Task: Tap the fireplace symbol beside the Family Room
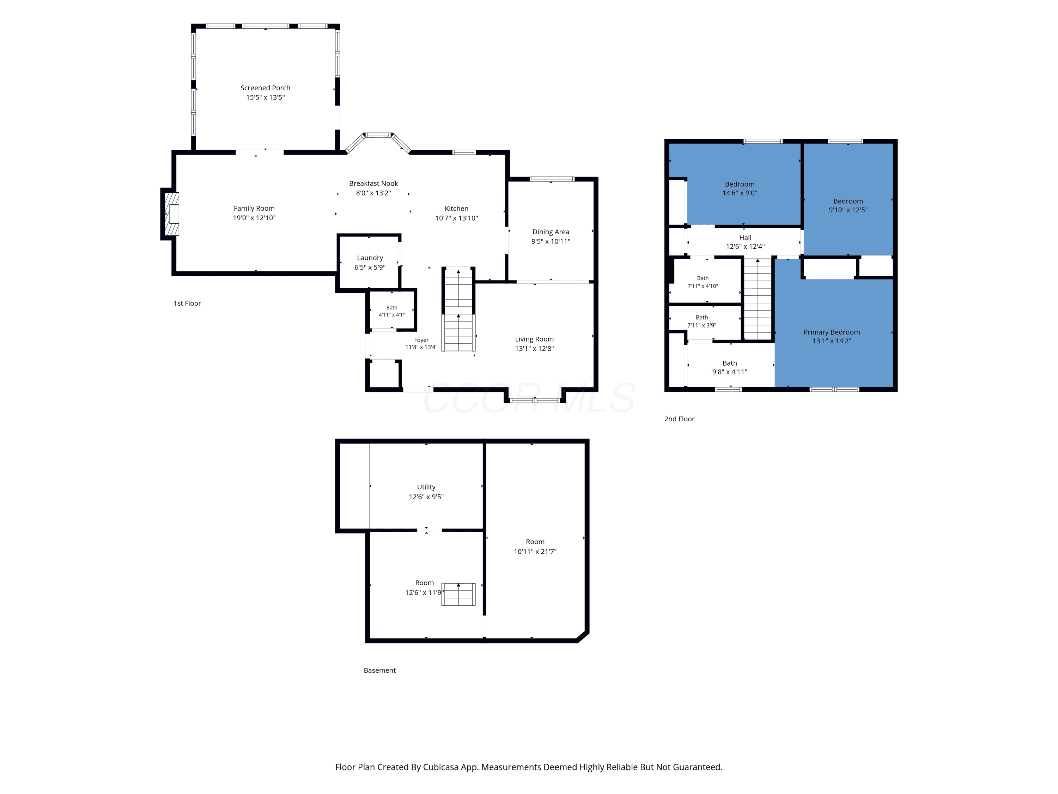[172, 214]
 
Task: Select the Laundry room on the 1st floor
[369, 262]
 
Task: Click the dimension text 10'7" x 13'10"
[456, 218]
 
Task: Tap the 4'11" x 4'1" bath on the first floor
[392, 311]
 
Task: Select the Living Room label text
[534, 339]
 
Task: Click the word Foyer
[421, 340]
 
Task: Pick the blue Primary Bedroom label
[831, 332]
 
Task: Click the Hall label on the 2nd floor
[745, 238]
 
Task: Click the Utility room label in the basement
[426, 487]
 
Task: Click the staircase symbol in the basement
[458, 594]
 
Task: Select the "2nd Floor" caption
[679, 419]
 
